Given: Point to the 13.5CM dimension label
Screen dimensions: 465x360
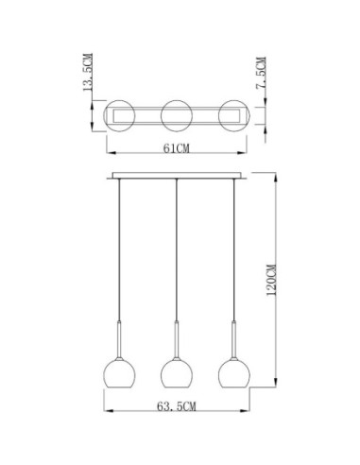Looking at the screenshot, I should (88, 79).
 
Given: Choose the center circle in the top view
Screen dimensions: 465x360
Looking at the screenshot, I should (176, 115).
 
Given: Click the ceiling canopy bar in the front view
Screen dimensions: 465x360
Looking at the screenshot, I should (176, 176).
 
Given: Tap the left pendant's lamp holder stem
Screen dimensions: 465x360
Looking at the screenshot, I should (118, 338).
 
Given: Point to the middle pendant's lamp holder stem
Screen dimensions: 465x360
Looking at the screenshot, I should (176, 338).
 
